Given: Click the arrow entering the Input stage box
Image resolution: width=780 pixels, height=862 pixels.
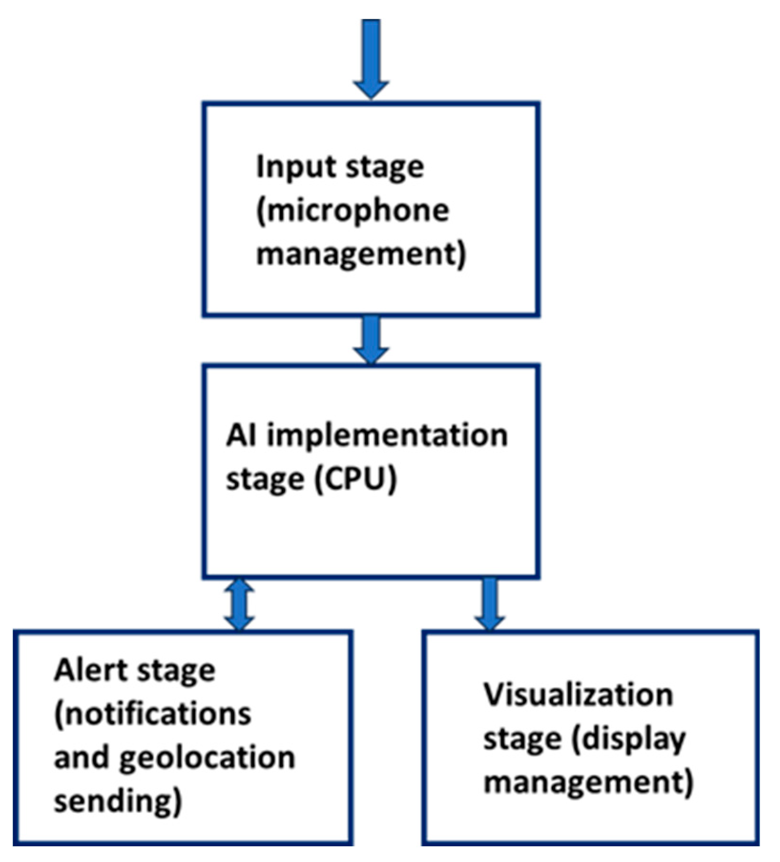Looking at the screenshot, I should click(x=371, y=58).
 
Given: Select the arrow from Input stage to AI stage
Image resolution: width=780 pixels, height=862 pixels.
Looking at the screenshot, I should click(x=371, y=338).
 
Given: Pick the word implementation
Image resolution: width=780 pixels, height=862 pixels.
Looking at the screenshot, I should click(x=387, y=436).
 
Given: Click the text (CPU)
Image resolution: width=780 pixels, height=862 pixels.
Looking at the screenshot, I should click(x=355, y=478).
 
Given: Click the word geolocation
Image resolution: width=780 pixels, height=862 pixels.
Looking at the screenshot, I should click(x=207, y=758).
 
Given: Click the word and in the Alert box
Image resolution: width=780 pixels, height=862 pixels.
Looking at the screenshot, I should click(x=81, y=758).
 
